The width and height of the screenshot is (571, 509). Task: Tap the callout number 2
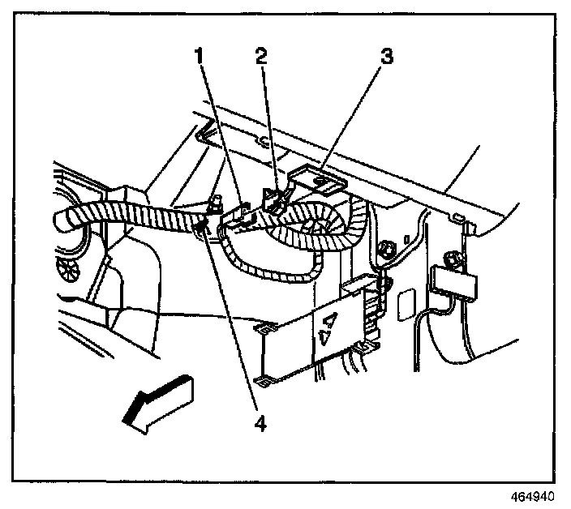tap(260, 56)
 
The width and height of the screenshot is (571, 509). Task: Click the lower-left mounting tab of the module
tap(264, 378)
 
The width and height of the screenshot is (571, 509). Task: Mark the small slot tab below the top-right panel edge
tap(459, 217)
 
